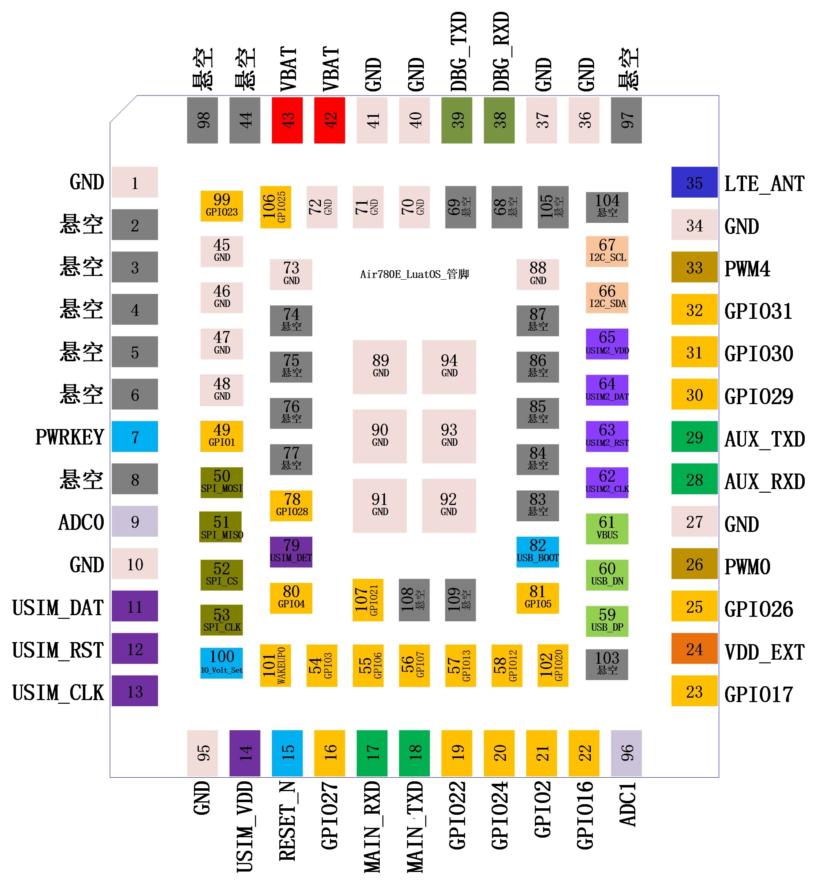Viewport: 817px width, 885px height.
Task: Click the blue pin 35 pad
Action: (694, 182)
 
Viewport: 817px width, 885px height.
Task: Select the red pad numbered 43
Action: (287, 120)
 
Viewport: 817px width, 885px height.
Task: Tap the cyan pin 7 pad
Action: (135, 436)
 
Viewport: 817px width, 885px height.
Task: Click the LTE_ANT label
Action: (764, 183)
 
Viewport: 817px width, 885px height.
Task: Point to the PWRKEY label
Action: (69, 437)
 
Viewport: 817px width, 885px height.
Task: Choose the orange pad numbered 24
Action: (694, 649)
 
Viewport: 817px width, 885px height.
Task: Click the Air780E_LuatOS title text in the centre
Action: (414, 274)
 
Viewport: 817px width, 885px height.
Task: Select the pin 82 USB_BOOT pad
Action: (538, 551)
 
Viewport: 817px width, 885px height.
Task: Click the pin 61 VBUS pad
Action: (607, 529)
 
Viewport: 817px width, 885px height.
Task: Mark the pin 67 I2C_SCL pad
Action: (607, 251)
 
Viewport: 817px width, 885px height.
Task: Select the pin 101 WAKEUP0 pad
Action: (276, 665)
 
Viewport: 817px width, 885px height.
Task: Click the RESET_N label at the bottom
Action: (287, 821)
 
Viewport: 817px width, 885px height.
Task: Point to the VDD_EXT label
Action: (764, 652)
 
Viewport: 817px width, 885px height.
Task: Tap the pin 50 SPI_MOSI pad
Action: (221, 482)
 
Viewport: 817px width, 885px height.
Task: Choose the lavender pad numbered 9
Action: (135, 521)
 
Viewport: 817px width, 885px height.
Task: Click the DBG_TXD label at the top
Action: (459, 51)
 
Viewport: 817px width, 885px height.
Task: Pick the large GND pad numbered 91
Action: (380, 506)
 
